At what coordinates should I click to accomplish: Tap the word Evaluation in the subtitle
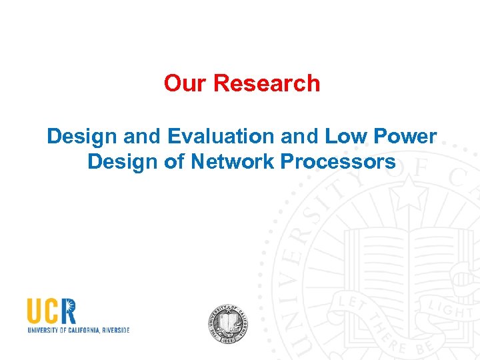click(221, 136)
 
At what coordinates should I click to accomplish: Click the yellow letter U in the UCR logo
click(35, 311)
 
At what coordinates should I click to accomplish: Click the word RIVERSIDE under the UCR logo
click(111, 330)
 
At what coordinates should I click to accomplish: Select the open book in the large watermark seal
click(400, 253)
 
